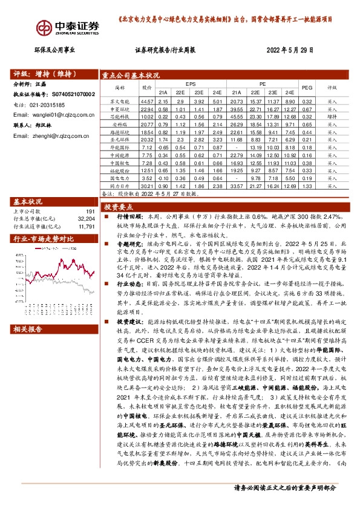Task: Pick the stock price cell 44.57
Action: (x=146, y=100)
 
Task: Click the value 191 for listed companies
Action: (x=90, y=212)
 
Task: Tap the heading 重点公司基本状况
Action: (x=129, y=75)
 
